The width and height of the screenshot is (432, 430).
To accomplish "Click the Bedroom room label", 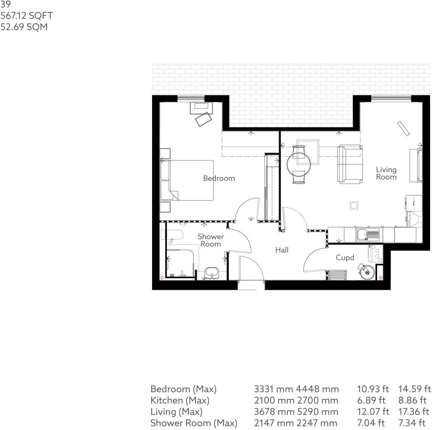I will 219,178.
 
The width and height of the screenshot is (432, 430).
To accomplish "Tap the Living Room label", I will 386,173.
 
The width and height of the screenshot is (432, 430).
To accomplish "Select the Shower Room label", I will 211,240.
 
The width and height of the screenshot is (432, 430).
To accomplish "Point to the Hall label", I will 282,250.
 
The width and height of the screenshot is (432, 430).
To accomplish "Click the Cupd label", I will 345,258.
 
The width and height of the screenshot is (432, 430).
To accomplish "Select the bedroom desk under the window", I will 201,108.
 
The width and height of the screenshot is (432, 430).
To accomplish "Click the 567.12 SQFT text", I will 27,16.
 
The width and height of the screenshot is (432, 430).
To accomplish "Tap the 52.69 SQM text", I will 24,27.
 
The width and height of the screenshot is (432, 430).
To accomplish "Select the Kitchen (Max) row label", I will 180,400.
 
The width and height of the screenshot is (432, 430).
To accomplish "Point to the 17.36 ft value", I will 413,412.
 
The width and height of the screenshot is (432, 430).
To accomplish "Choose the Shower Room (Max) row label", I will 194,423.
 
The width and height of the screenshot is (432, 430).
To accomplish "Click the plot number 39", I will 5,4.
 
